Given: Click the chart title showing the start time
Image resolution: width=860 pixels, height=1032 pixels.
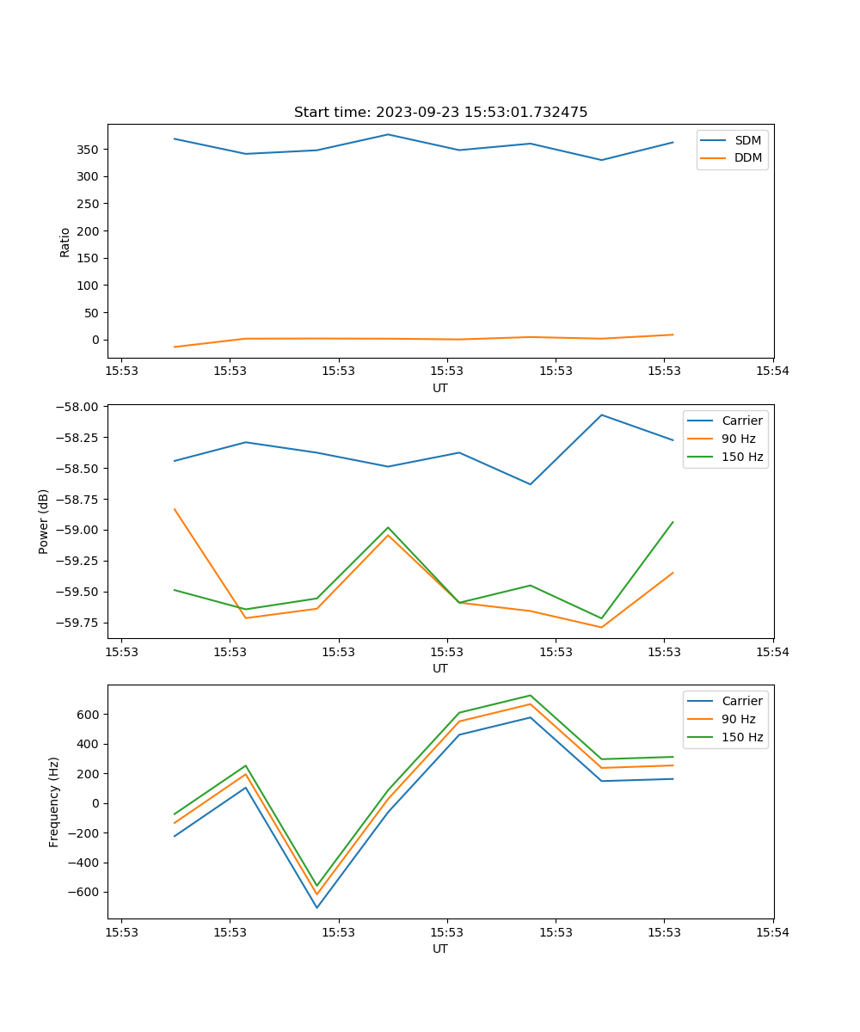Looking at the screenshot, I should (440, 113).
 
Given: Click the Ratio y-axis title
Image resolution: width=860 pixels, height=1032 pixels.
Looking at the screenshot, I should (65, 242).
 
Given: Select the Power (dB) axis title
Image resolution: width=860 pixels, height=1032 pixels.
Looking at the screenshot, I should (44, 521).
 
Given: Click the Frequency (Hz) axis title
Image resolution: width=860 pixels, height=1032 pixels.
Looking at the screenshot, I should (54, 802).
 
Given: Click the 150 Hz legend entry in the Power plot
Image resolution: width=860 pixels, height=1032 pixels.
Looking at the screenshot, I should (742, 457).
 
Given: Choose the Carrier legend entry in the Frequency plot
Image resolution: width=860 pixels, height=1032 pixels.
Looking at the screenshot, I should (741, 701).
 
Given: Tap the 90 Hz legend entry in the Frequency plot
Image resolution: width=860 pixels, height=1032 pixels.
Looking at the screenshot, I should (738, 719).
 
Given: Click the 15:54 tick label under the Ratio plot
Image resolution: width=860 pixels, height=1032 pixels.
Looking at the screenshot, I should (772, 372).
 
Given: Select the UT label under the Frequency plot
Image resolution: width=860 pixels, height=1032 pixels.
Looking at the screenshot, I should (440, 949).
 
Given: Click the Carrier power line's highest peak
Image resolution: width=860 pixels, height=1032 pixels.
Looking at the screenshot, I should (601, 415).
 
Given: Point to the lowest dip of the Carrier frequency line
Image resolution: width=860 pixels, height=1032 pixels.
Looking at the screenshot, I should (316, 908).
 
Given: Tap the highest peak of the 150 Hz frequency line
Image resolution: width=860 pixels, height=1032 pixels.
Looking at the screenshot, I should (530, 695).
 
